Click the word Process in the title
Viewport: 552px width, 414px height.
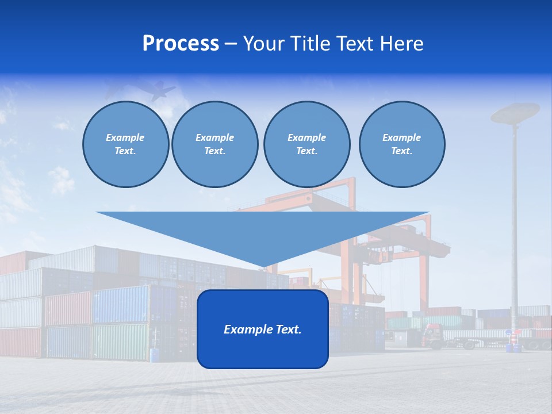coord(181,44)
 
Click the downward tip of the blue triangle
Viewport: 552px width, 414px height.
coord(263,266)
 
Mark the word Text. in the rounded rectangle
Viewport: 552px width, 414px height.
coord(289,329)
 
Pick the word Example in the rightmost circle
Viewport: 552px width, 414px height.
coord(401,137)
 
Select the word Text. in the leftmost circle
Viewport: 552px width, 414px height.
coord(125,151)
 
